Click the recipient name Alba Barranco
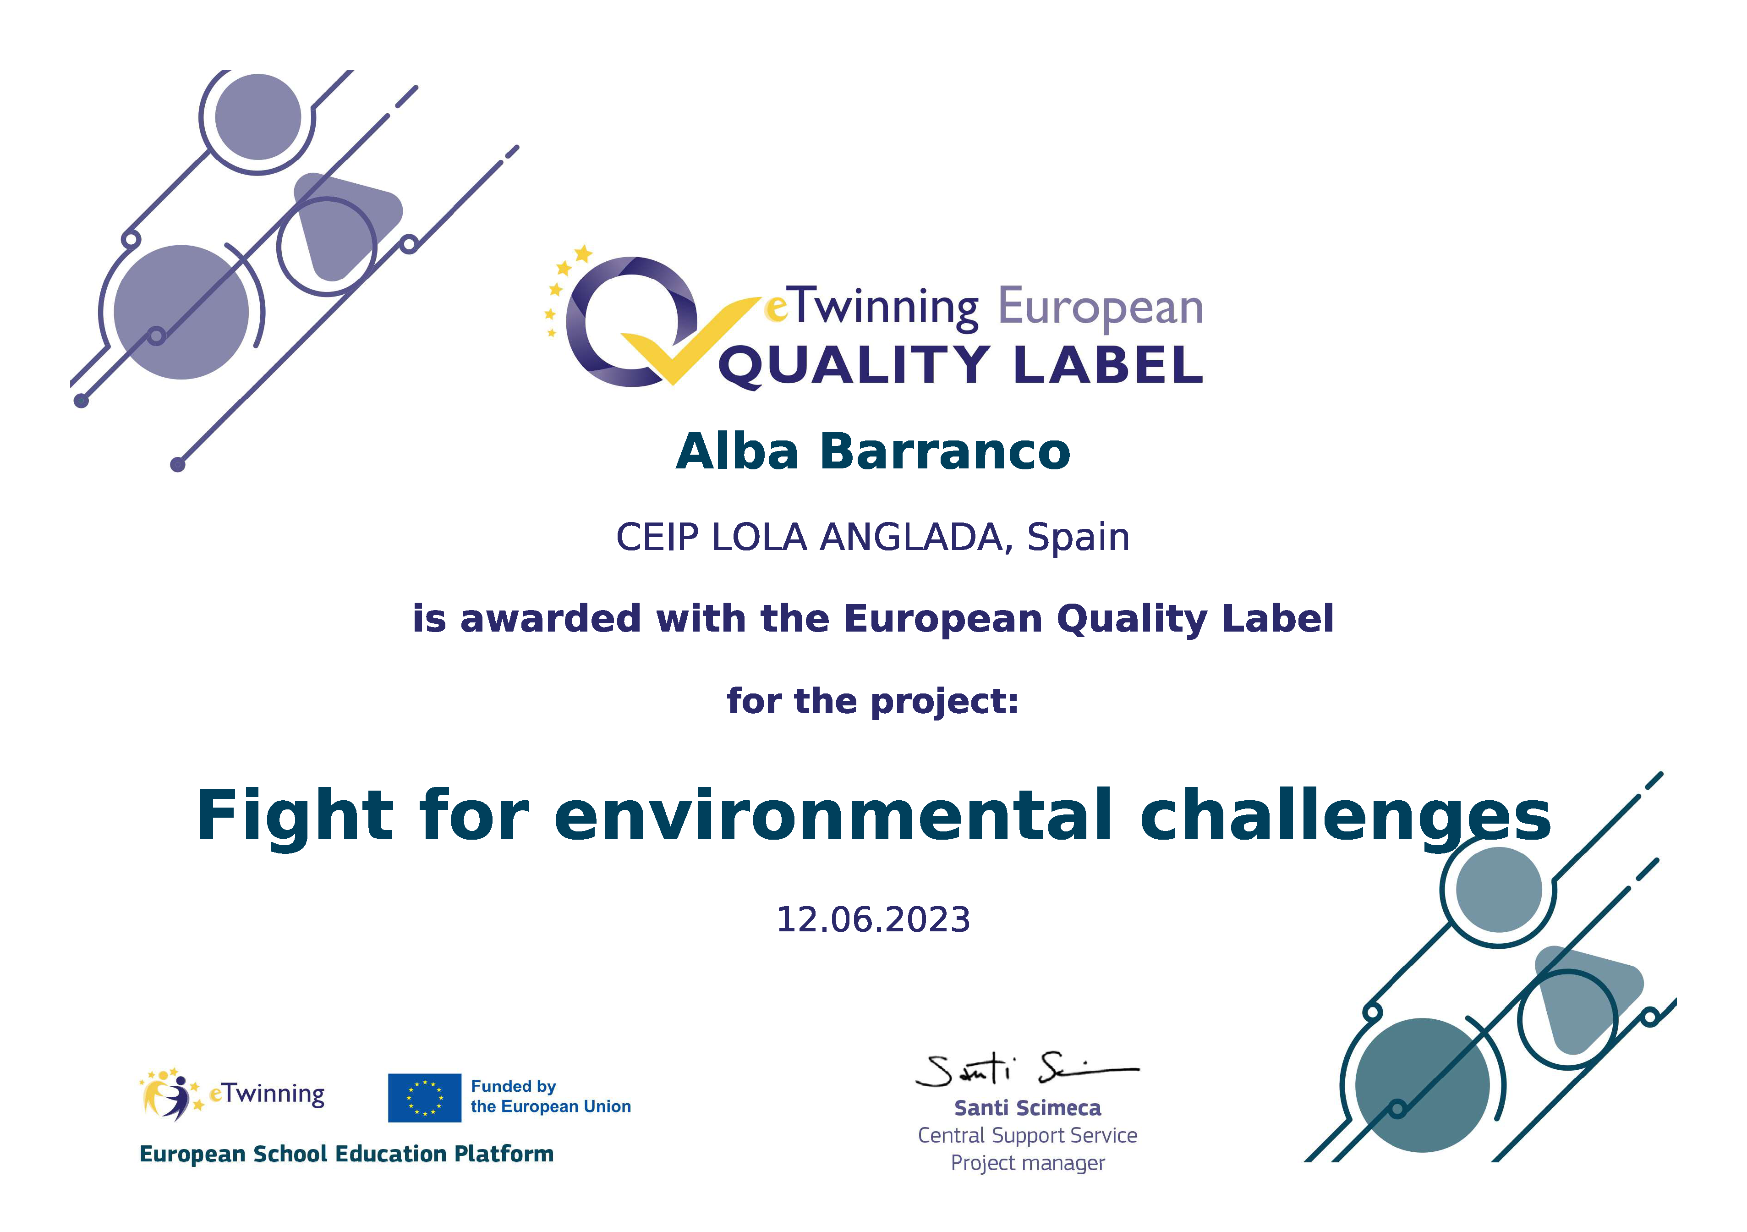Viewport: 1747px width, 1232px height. click(873, 451)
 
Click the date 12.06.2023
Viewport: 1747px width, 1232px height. click(873, 920)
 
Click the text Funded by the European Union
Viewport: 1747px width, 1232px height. click(551, 1096)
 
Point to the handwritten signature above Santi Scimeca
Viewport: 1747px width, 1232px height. click(1027, 1070)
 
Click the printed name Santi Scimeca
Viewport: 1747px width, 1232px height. click(1027, 1108)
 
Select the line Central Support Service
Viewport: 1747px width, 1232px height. click(1027, 1135)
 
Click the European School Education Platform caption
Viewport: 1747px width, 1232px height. click(346, 1155)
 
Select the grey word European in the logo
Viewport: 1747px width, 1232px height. click(1100, 308)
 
